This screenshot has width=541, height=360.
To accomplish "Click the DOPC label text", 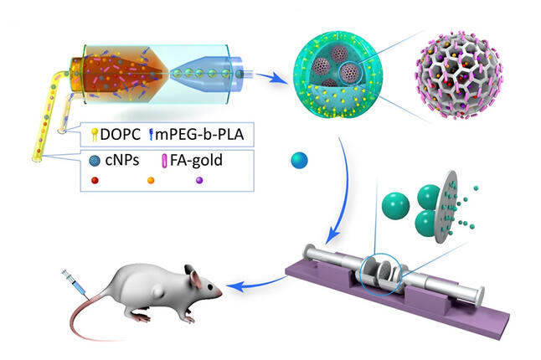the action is pyautogui.click(x=120, y=134).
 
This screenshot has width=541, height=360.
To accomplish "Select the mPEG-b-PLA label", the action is pyautogui.click(x=199, y=134).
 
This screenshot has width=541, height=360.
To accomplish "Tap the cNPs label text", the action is pyautogui.click(x=122, y=160).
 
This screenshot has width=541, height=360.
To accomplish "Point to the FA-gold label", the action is pyautogui.click(x=196, y=161).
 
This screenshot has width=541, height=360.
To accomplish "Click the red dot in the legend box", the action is pyautogui.click(x=95, y=180).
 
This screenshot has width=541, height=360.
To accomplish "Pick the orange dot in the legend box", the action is pyautogui.click(x=151, y=180).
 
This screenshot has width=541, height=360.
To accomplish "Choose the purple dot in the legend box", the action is pyautogui.click(x=199, y=180).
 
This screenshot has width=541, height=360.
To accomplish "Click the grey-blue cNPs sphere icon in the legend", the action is pyautogui.click(x=95, y=161).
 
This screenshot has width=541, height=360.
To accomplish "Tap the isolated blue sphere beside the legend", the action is pyautogui.click(x=299, y=161).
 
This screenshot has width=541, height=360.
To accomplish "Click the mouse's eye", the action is pyautogui.click(x=209, y=286).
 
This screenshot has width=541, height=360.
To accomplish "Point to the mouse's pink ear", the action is pyautogui.click(x=194, y=278).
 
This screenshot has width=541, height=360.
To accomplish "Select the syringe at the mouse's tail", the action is pyautogui.click(x=74, y=283).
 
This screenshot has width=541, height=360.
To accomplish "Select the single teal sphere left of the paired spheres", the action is pyautogui.click(x=395, y=206).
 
